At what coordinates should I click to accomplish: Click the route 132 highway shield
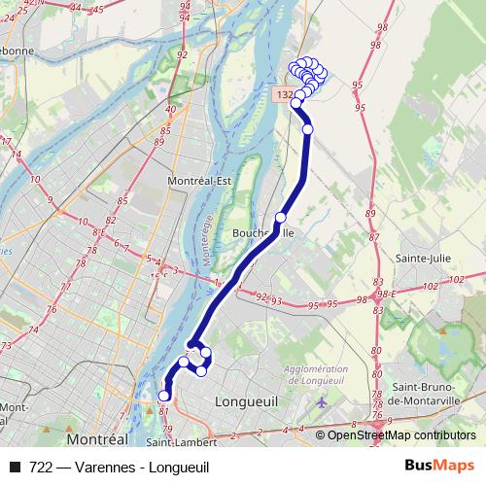(283, 95)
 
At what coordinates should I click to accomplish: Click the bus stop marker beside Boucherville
(281, 218)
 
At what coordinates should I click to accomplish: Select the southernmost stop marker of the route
(163, 396)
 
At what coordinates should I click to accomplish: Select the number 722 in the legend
(41, 467)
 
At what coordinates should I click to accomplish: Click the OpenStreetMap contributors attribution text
(401, 435)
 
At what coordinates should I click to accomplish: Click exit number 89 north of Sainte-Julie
(369, 214)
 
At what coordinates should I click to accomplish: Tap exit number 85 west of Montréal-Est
(123, 200)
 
